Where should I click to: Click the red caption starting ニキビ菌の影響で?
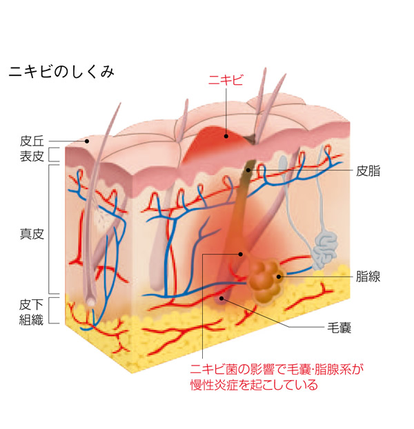click(x=276, y=377)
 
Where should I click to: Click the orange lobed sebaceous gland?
click(x=264, y=277)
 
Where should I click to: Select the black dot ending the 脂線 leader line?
click(x=279, y=277)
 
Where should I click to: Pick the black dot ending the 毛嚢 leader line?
click(x=221, y=299)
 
